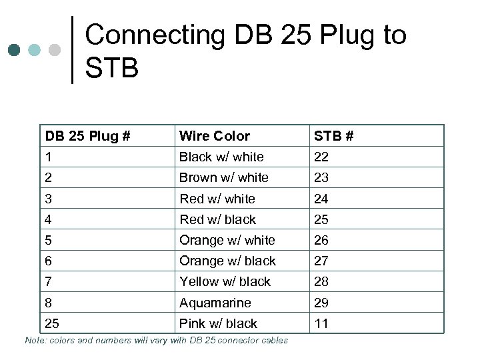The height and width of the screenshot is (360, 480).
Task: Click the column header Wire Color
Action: pos(214,136)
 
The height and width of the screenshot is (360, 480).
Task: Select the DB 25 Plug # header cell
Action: pos(87,136)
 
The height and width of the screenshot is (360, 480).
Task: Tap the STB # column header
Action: pos(333,136)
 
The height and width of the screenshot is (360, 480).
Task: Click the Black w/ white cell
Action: pos(221,157)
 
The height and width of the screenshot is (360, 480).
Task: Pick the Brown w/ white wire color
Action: pos(223,177)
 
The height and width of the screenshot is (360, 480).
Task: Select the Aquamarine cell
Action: pos(215,303)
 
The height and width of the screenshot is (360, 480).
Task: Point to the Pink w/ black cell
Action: pos(218,323)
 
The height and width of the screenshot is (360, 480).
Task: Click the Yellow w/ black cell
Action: pos(225,281)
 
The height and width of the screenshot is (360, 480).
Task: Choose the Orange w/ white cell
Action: pos(227,240)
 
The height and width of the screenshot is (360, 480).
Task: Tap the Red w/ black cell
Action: pos(217,219)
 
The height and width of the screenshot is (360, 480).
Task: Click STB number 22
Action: pos(321,157)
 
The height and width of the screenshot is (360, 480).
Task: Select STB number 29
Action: pos(321,303)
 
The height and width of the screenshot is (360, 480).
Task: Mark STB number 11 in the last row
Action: pos(321,323)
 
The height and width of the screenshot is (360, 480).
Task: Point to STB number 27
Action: pos(321,261)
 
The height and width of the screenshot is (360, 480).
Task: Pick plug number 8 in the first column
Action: pos(49,303)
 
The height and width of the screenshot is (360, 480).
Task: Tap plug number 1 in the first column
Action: pos(49,157)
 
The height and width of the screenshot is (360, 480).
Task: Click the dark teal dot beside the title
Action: pos(15,50)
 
